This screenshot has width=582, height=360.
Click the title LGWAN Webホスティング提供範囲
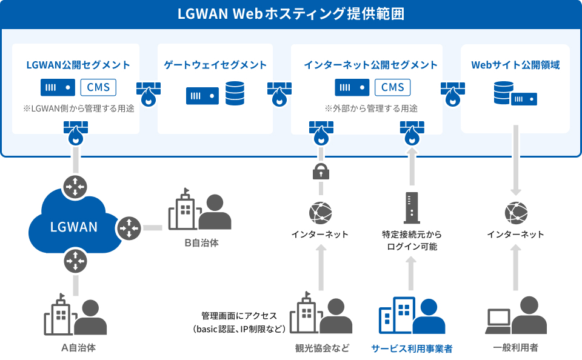290,14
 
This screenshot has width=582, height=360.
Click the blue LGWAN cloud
74,222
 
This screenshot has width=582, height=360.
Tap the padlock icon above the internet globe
321,172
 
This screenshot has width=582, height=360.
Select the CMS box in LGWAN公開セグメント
98,88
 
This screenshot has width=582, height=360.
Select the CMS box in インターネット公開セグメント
392,88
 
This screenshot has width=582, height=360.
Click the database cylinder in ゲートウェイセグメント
235,93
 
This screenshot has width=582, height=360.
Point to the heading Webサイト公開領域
515,65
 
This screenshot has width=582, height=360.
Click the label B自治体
201,242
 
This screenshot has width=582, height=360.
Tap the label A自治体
78,348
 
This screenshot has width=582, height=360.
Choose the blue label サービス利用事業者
412,348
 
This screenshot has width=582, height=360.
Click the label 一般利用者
515,348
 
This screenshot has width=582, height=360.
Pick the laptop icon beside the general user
499,321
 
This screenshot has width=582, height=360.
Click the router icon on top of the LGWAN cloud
75,186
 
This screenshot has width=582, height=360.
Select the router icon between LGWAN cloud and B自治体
129,228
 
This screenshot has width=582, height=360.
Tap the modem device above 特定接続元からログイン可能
412,208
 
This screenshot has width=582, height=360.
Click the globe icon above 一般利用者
516,213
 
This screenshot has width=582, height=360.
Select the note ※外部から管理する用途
371,108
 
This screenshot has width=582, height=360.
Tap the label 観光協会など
322,348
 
